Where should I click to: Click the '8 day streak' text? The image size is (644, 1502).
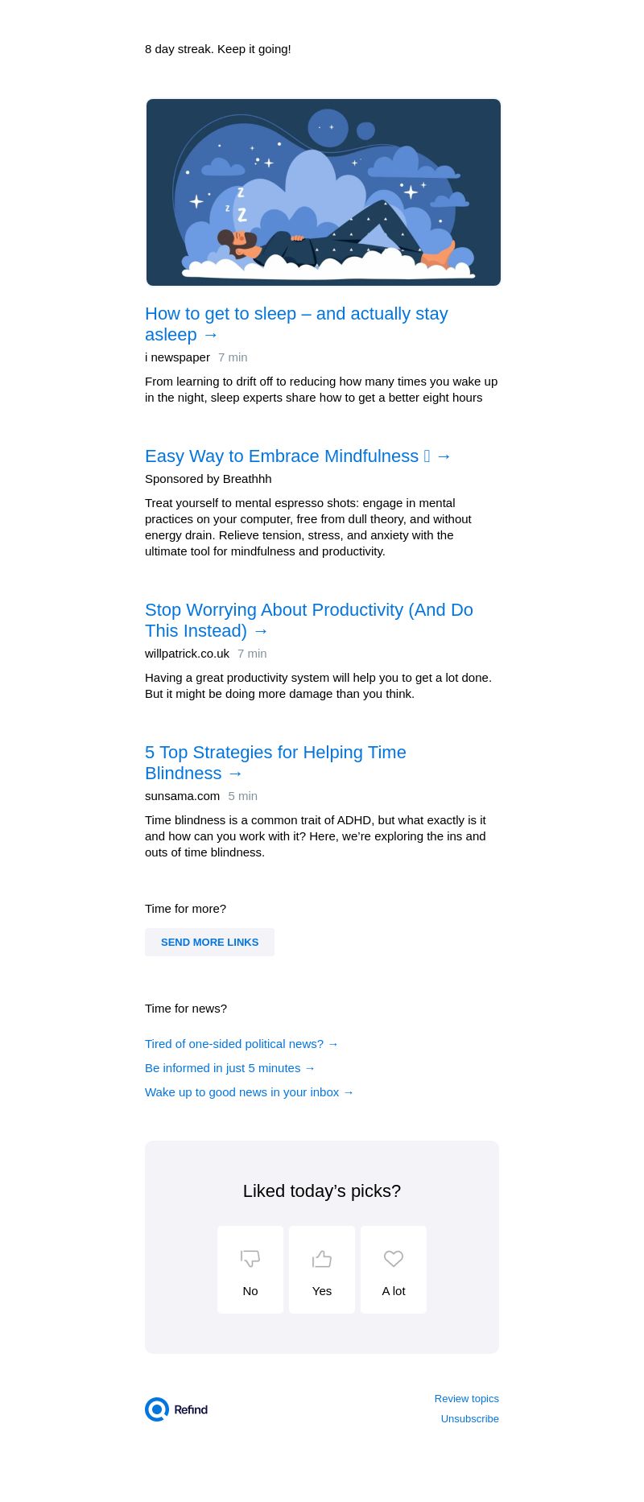point(217,49)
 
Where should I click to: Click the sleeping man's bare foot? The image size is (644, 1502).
point(439,256)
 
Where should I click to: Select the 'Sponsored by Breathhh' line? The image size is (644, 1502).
point(208,479)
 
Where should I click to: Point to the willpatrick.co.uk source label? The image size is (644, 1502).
point(187,654)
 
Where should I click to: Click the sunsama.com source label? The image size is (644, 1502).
point(182,796)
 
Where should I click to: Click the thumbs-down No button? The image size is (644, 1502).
point(250,1269)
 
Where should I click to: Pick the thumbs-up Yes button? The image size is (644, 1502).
point(322,1269)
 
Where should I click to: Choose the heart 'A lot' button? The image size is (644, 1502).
point(394,1269)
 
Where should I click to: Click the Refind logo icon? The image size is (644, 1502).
point(157,1409)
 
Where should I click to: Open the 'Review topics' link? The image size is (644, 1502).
point(466,1399)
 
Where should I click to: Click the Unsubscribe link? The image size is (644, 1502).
point(469,1419)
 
